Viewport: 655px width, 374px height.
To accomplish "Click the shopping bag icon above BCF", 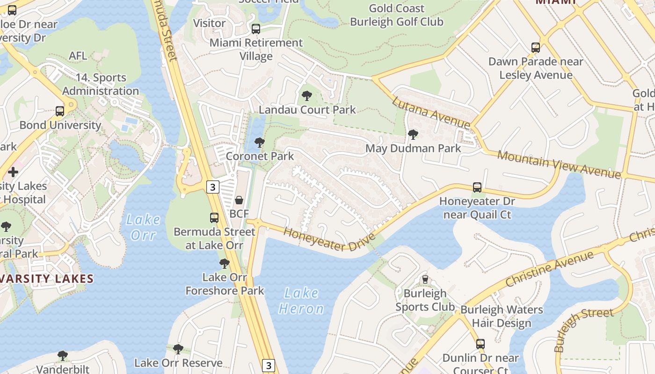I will click(x=239, y=200).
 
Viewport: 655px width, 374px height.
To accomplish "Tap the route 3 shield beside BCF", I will click(x=213, y=187).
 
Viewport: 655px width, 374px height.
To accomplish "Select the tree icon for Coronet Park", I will click(x=259, y=143).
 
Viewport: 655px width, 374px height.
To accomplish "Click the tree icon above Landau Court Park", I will click(x=307, y=96).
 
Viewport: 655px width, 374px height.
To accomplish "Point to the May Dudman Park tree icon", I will click(x=413, y=135).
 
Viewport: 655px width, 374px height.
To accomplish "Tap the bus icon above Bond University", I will click(x=60, y=111).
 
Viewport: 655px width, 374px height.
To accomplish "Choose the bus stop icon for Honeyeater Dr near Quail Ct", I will click(x=477, y=187).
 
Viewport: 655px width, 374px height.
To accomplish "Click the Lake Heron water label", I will click(x=301, y=301).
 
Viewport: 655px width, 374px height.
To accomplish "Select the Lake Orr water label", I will click(x=143, y=227).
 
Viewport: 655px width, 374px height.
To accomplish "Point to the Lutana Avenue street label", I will click(x=431, y=113).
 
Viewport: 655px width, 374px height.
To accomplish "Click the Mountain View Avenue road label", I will click(x=559, y=165).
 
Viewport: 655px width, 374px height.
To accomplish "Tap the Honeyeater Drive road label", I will click(x=329, y=239).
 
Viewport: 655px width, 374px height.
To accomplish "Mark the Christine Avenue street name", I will click(x=550, y=269).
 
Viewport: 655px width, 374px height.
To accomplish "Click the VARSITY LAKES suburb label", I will click(x=47, y=279).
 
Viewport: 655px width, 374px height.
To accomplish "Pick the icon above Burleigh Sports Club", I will click(x=425, y=280).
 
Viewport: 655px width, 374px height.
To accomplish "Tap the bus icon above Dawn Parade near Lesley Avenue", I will click(x=536, y=47).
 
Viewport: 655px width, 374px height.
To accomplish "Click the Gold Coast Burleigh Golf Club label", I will click(x=396, y=15).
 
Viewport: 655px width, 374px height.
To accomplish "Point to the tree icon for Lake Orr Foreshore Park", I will click(x=225, y=264).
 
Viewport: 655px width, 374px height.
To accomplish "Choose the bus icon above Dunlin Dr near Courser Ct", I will click(x=480, y=344).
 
